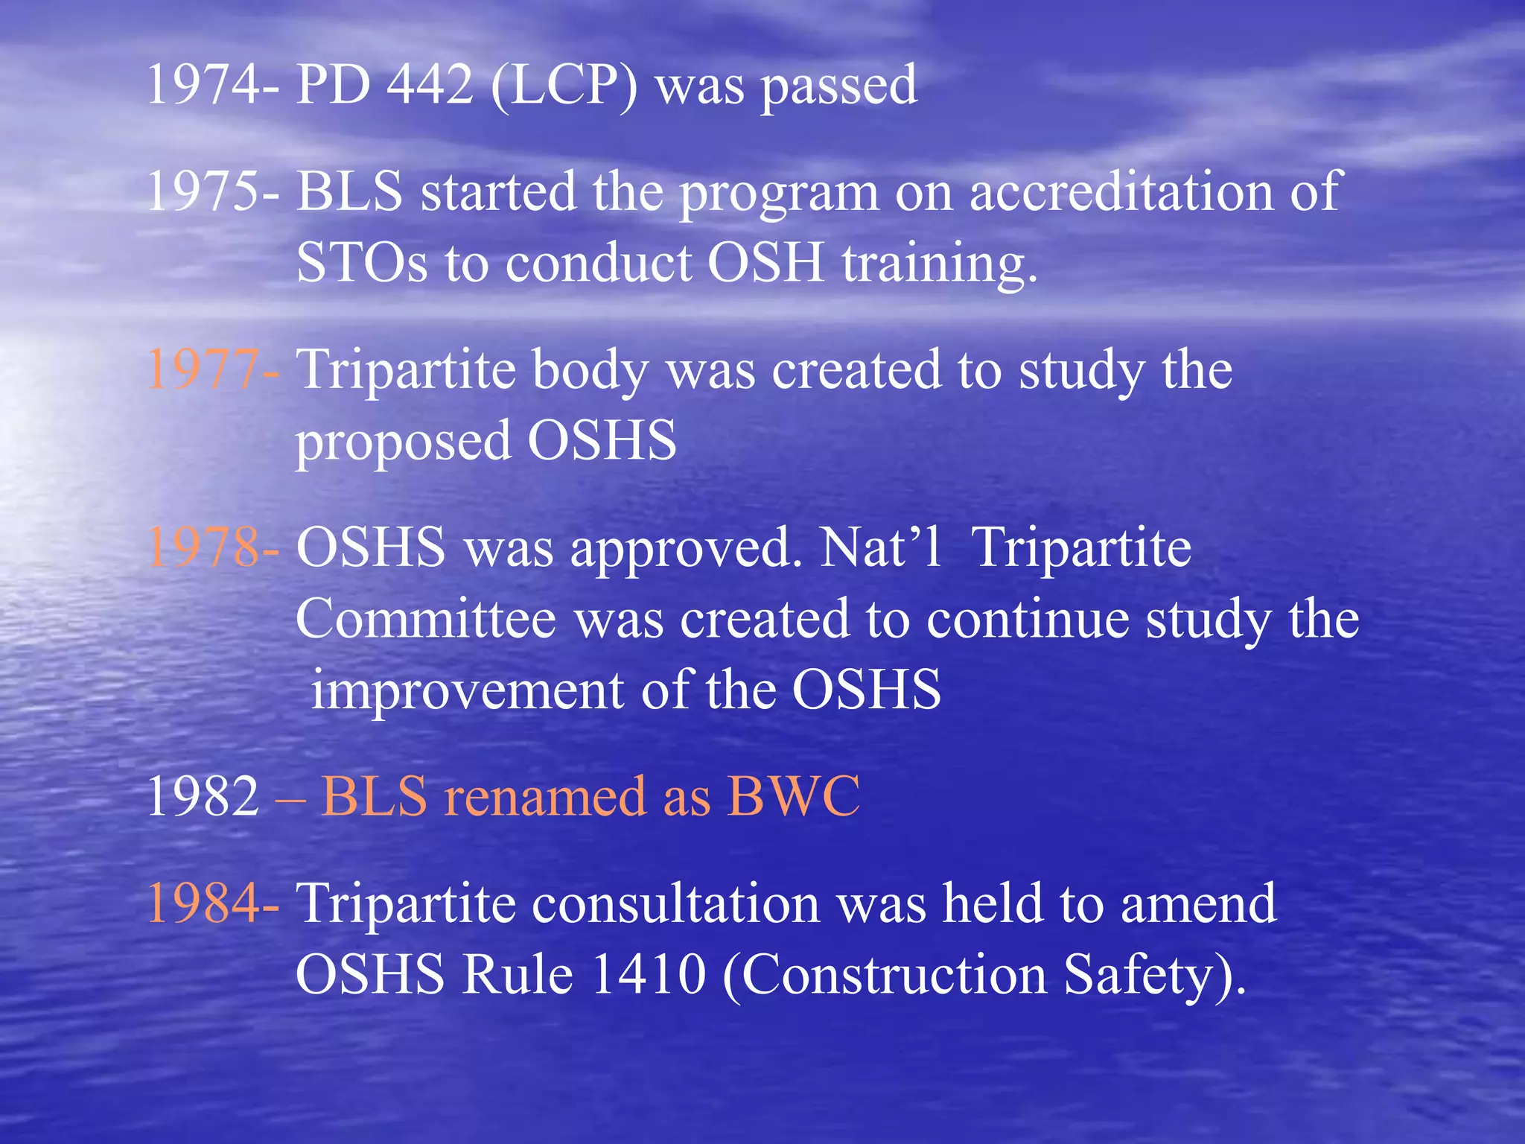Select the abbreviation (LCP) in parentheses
564,86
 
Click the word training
939,264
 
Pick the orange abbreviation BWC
793,796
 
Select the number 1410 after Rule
649,974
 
